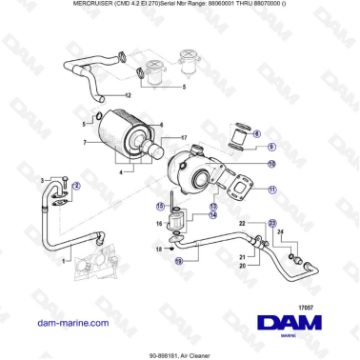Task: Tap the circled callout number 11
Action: point(271,190)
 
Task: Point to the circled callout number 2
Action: point(76,187)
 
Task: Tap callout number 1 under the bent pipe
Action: point(65,260)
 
